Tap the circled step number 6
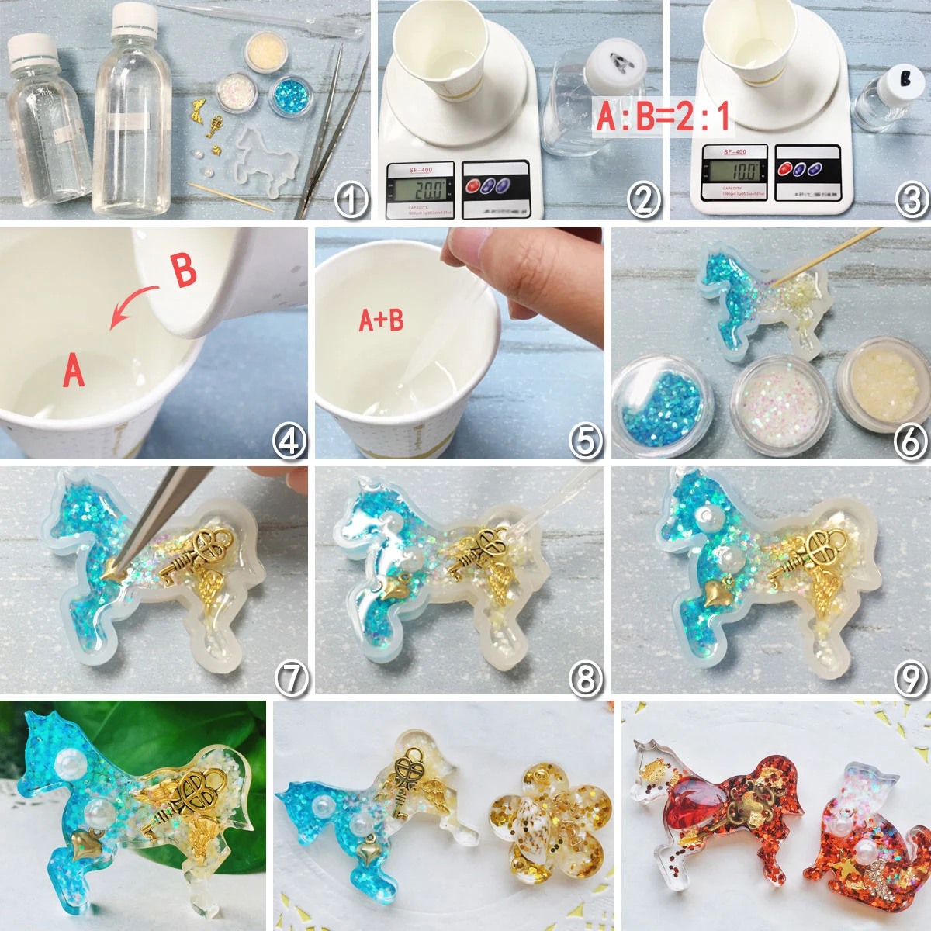point(909,441)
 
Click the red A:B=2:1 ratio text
point(663,116)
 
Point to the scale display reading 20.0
point(420,189)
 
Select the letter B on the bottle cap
point(903,78)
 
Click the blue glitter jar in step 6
point(658,403)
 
